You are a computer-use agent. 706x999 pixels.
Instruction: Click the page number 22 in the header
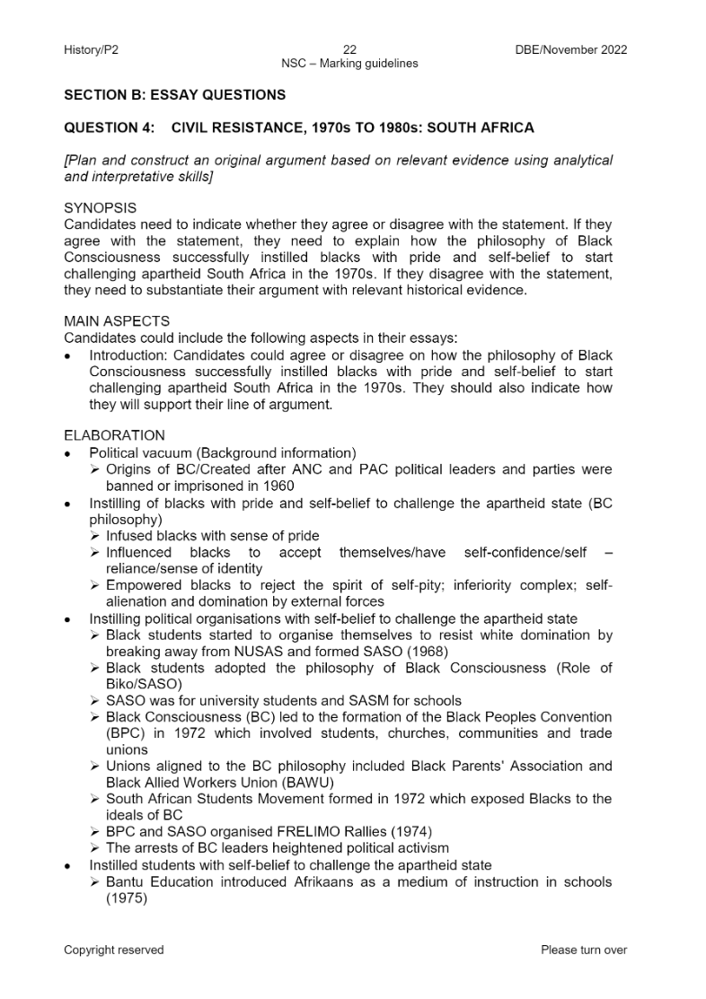click(x=350, y=50)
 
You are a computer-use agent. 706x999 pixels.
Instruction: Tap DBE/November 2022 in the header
click(x=566, y=50)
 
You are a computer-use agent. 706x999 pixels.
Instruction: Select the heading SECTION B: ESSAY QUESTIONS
click(x=175, y=95)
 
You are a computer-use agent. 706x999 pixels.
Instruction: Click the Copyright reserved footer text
click(x=114, y=950)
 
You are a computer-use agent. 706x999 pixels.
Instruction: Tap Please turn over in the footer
click(x=584, y=950)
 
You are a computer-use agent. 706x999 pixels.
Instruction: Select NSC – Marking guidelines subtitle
click(x=349, y=64)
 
